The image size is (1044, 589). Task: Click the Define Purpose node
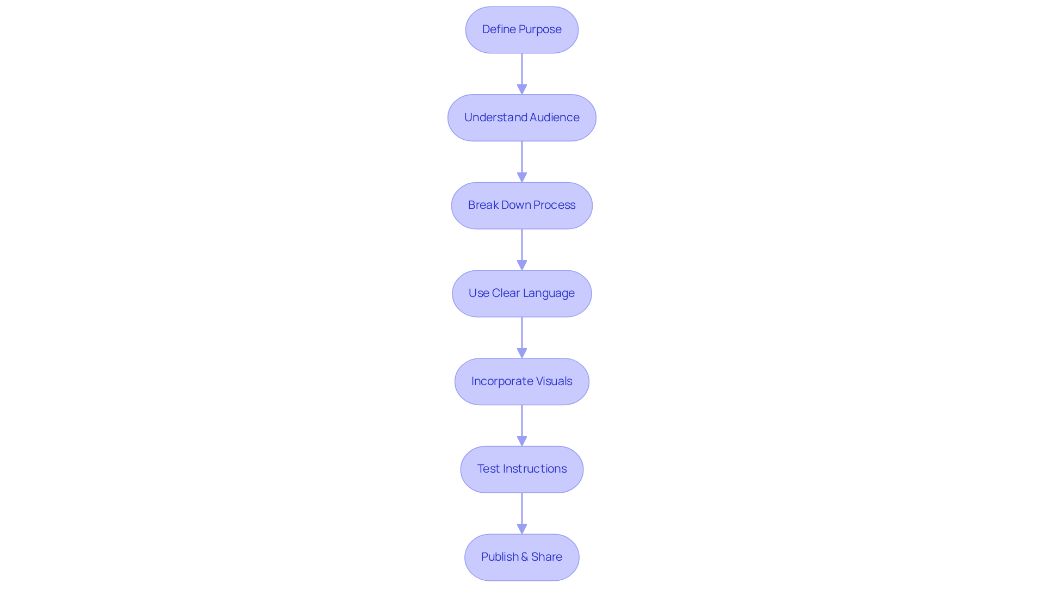coord(521,30)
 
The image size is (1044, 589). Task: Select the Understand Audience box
coord(521,118)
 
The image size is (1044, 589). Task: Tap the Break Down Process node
coord(521,206)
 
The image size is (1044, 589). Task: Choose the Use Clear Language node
coord(521,294)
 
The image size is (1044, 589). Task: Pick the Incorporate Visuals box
coord(521,381)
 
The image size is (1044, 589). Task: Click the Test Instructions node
coord(521,469)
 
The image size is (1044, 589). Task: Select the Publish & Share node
coord(521,557)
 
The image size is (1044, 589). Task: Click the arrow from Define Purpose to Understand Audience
coord(522,73)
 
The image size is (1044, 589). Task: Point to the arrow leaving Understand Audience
coord(522,162)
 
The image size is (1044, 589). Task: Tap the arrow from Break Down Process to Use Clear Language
coord(522,249)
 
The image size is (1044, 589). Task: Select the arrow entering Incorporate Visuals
coord(522,337)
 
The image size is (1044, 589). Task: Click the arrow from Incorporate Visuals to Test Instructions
coord(522,425)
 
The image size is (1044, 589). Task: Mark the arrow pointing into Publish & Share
coord(522,513)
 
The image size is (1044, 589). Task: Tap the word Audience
coord(554,117)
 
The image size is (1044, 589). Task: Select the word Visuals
coord(554,381)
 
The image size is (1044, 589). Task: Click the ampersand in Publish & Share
coord(525,557)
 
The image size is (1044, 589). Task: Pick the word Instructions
coord(535,469)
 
